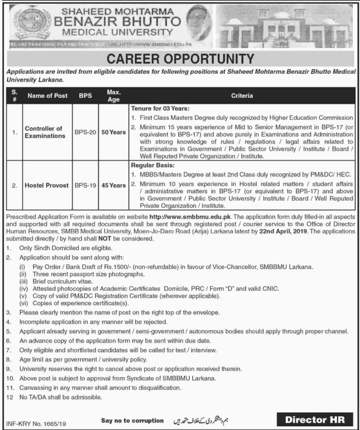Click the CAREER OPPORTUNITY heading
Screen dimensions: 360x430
(180, 59)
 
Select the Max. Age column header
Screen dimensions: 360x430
(113, 95)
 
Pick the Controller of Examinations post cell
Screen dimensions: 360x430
(44, 132)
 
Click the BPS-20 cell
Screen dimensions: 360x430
(86, 132)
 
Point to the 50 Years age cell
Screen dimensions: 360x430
(113, 132)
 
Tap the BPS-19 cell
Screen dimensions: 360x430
(86, 185)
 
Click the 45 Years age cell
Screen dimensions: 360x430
(113, 185)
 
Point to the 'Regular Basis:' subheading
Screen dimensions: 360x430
(149, 164)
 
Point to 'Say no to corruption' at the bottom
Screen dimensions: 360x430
(133, 420)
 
